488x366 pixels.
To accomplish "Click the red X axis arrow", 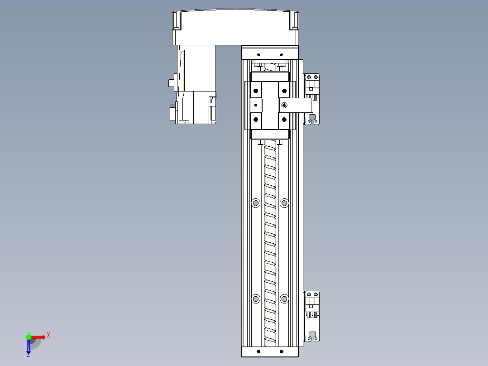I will pyautogui.click(x=38, y=337).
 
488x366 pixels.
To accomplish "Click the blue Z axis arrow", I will pyautogui.click(x=29, y=346).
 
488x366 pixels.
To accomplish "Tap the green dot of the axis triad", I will pyautogui.click(x=29, y=337).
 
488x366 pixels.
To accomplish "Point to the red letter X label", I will pyautogui.click(x=48, y=335).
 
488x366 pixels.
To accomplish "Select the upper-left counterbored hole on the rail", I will pyautogui.click(x=256, y=203).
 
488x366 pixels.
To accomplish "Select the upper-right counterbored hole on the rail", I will pyautogui.click(x=284, y=203).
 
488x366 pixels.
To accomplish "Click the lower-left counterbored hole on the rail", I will pyautogui.click(x=256, y=299).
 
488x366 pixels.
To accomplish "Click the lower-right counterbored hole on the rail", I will pyautogui.click(x=284, y=299).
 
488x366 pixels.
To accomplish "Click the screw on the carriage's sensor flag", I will pyautogui.click(x=284, y=106).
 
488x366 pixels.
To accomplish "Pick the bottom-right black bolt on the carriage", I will pyautogui.click(x=284, y=120).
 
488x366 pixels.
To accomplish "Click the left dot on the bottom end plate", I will pyautogui.click(x=258, y=352).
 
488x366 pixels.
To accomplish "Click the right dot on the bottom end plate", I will pyautogui.click(x=282, y=352).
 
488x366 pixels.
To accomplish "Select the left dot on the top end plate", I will pyautogui.click(x=258, y=53).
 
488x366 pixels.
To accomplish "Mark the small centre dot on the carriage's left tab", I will pyautogui.click(x=256, y=105).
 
